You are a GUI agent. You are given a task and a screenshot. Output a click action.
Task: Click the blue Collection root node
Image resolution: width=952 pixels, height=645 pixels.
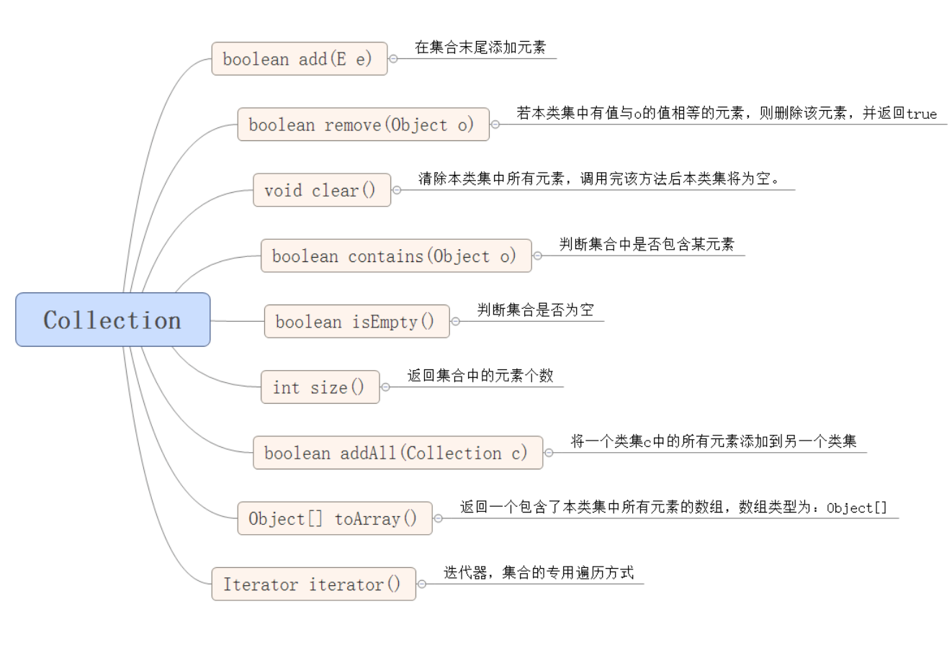[x=112, y=320]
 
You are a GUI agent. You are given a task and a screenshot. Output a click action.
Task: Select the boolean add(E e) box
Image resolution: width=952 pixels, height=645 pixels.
[x=299, y=59]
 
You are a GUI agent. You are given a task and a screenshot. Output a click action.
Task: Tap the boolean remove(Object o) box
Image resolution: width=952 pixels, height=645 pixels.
[x=363, y=125]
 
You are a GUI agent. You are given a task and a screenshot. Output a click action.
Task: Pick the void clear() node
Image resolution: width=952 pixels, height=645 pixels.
[x=321, y=190]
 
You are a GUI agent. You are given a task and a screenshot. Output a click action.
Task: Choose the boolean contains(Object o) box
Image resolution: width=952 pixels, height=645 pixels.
[x=395, y=256]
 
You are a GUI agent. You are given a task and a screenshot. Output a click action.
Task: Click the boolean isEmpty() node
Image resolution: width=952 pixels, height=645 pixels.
[x=356, y=321]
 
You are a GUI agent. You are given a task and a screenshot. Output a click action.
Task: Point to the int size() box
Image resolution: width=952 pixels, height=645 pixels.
[x=319, y=387]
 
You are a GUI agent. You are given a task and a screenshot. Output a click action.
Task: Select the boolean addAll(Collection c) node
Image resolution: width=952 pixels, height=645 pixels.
[x=398, y=453]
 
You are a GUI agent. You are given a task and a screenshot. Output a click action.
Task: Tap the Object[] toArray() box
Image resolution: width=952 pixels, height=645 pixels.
[x=334, y=518]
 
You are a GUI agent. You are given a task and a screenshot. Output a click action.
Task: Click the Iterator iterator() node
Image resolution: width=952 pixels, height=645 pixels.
[x=313, y=584]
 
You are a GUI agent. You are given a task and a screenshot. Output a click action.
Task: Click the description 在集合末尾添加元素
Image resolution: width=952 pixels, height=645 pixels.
[x=480, y=48]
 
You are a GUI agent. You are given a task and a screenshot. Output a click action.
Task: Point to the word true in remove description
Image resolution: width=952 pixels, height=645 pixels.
[x=922, y=114]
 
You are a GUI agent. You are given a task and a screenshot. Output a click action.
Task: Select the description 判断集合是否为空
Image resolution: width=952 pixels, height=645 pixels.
[x=536, y=310]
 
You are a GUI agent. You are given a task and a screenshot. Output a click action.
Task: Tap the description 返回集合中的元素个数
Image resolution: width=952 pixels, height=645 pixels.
[x=480, y=376]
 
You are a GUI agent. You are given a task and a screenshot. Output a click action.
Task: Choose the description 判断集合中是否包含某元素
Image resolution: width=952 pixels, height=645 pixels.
[x=647, y=245]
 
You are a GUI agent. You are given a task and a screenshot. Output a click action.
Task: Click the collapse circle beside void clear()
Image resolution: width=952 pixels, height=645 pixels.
[x=396, y=191]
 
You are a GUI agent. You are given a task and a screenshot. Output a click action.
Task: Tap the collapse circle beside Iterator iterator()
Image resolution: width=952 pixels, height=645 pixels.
[x=422, y=584]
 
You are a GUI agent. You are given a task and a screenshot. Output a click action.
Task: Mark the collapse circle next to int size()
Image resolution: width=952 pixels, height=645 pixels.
[x=385, y=387]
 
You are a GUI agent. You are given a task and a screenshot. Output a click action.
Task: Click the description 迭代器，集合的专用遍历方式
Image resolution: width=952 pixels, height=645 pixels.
[x=538, y=573]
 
